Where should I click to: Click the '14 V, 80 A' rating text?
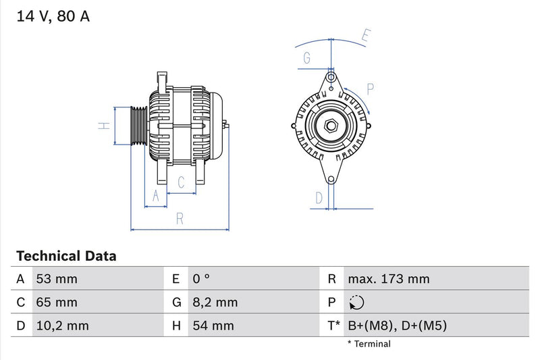(53, 17)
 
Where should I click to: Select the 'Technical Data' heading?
(66, 256)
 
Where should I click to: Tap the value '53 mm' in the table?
(57, 279)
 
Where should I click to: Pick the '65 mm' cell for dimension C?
(57, 302)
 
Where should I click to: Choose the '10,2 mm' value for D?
(61, 326)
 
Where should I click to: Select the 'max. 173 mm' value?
(388, 279)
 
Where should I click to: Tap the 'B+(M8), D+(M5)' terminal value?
(397, 326)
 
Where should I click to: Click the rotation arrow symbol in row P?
(357, 303)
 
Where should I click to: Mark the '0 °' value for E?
(202, 279)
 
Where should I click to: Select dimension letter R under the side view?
(180, 218)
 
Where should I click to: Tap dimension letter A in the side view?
(156, 196)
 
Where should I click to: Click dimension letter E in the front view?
(366, 35)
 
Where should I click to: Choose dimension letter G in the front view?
(307, 58)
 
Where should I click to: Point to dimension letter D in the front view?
(319, 197)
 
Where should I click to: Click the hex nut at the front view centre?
(331, 126)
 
